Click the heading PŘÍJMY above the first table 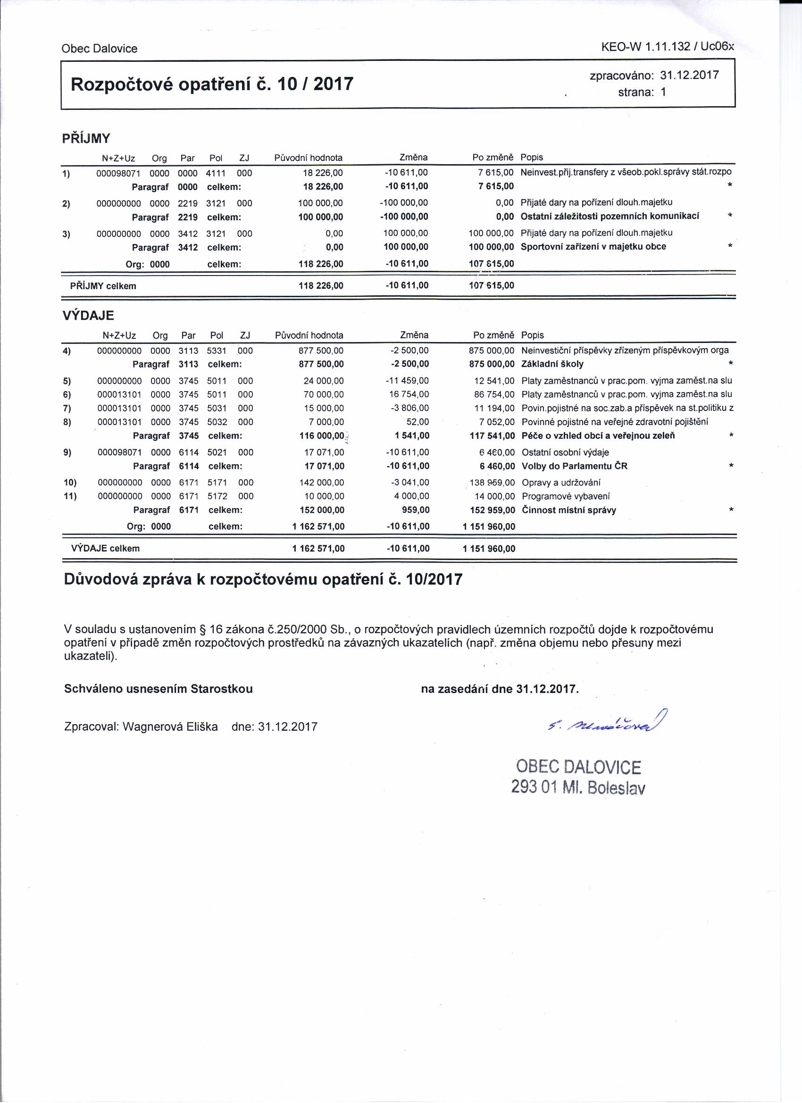(x=86, y=139)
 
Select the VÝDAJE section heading (x=88, y=316)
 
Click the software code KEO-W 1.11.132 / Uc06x (x=667, y=47)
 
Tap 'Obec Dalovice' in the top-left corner (x=99, y=49)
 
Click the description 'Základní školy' (x=552, y=364)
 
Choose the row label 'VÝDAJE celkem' (x=105, y=549)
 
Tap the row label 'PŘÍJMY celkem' (x=103, y=286)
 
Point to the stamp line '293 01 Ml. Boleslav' (x=578, y=787)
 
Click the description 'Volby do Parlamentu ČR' (x=575, y=466)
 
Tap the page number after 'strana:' (x=663, y=92)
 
